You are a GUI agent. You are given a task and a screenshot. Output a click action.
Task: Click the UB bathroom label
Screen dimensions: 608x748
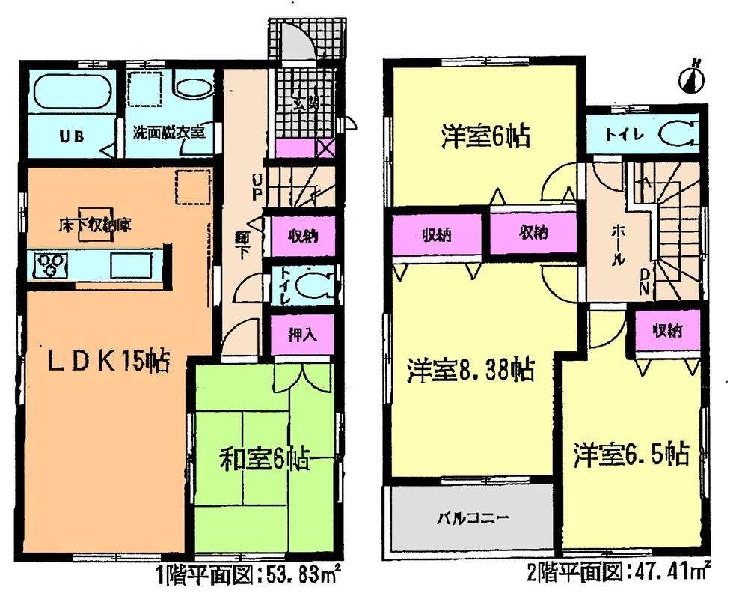[71, 136]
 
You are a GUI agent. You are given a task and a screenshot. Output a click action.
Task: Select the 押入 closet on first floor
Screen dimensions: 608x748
[300, 335]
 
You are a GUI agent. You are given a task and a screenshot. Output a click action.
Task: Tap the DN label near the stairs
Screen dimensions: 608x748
[644, 285]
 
